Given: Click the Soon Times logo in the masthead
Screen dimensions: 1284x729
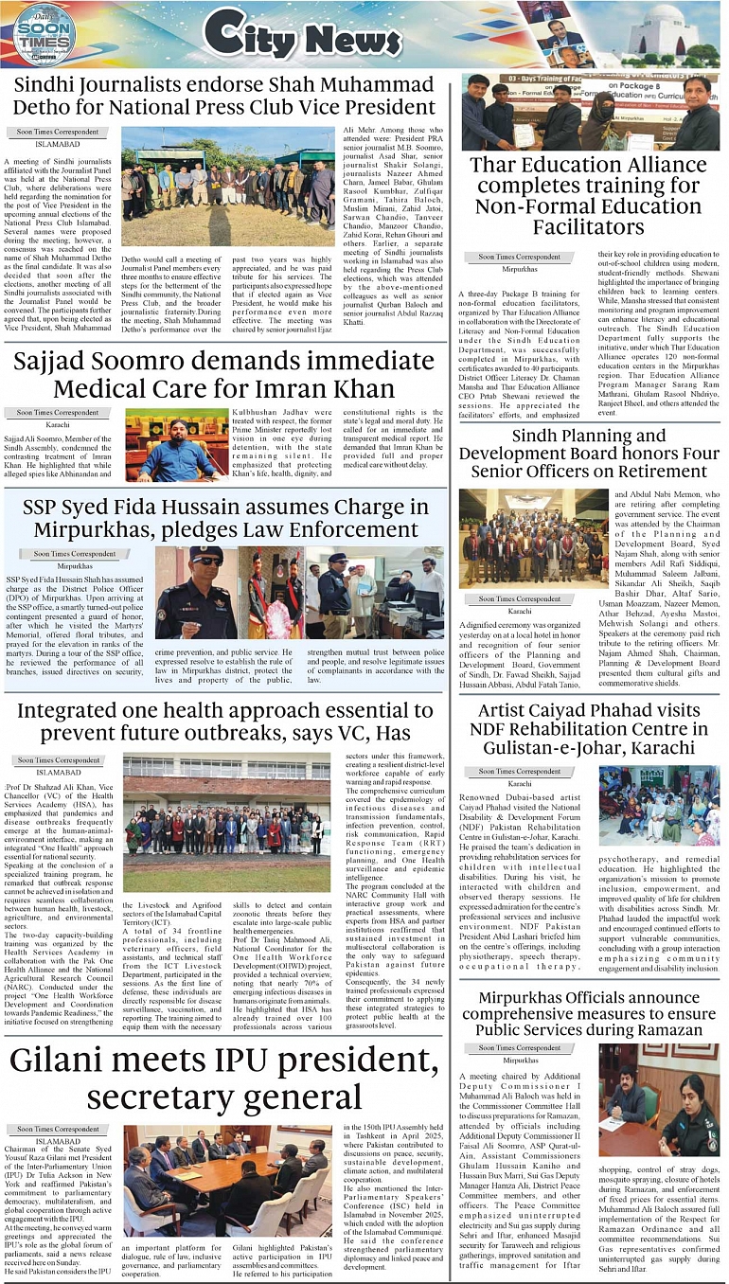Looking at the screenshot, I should pyautogui.click(x=44, y=34).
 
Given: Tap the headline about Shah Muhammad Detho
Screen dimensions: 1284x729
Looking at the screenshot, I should pyautogui.click(x=223, y=97).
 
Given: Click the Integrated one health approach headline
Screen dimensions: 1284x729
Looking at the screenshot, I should pyautogui.click(x=224, y=722).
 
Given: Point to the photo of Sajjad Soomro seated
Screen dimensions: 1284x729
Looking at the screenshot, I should pyautogui.click(x=177, y=445).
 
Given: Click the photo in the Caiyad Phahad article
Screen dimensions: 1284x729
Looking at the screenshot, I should pyautogui.click(x=659, y=806).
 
